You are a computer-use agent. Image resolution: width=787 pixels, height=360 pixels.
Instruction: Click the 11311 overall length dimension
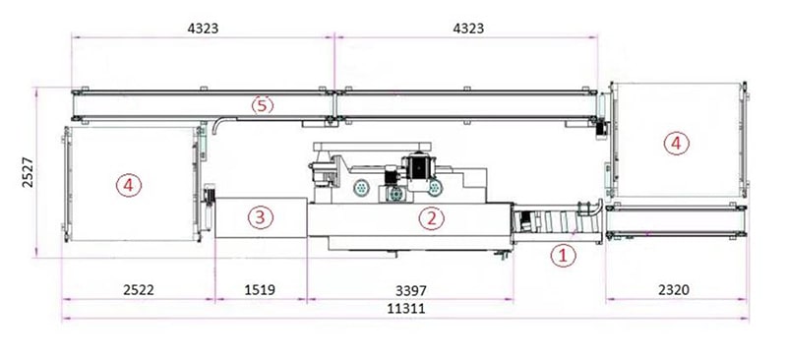coord(405,308)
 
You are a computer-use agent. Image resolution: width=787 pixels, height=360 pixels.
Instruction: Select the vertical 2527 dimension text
coord(29,173)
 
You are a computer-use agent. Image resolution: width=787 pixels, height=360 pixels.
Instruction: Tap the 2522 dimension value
coord(139,290)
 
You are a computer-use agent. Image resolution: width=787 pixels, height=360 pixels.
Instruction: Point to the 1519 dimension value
coord(260,290)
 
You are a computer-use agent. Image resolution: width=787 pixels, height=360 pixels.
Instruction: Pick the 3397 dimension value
coord(410,290)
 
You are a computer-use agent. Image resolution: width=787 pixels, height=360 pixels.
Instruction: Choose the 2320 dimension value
coord(674,290)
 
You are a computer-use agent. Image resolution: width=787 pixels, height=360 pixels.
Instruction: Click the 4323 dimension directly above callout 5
coord(203,29)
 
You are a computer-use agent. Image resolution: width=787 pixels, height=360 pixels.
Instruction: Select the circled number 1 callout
coord(563,256)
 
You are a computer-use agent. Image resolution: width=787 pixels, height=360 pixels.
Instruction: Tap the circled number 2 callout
coord(432,218)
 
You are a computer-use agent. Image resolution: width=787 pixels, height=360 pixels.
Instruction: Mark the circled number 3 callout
coord(260,217)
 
